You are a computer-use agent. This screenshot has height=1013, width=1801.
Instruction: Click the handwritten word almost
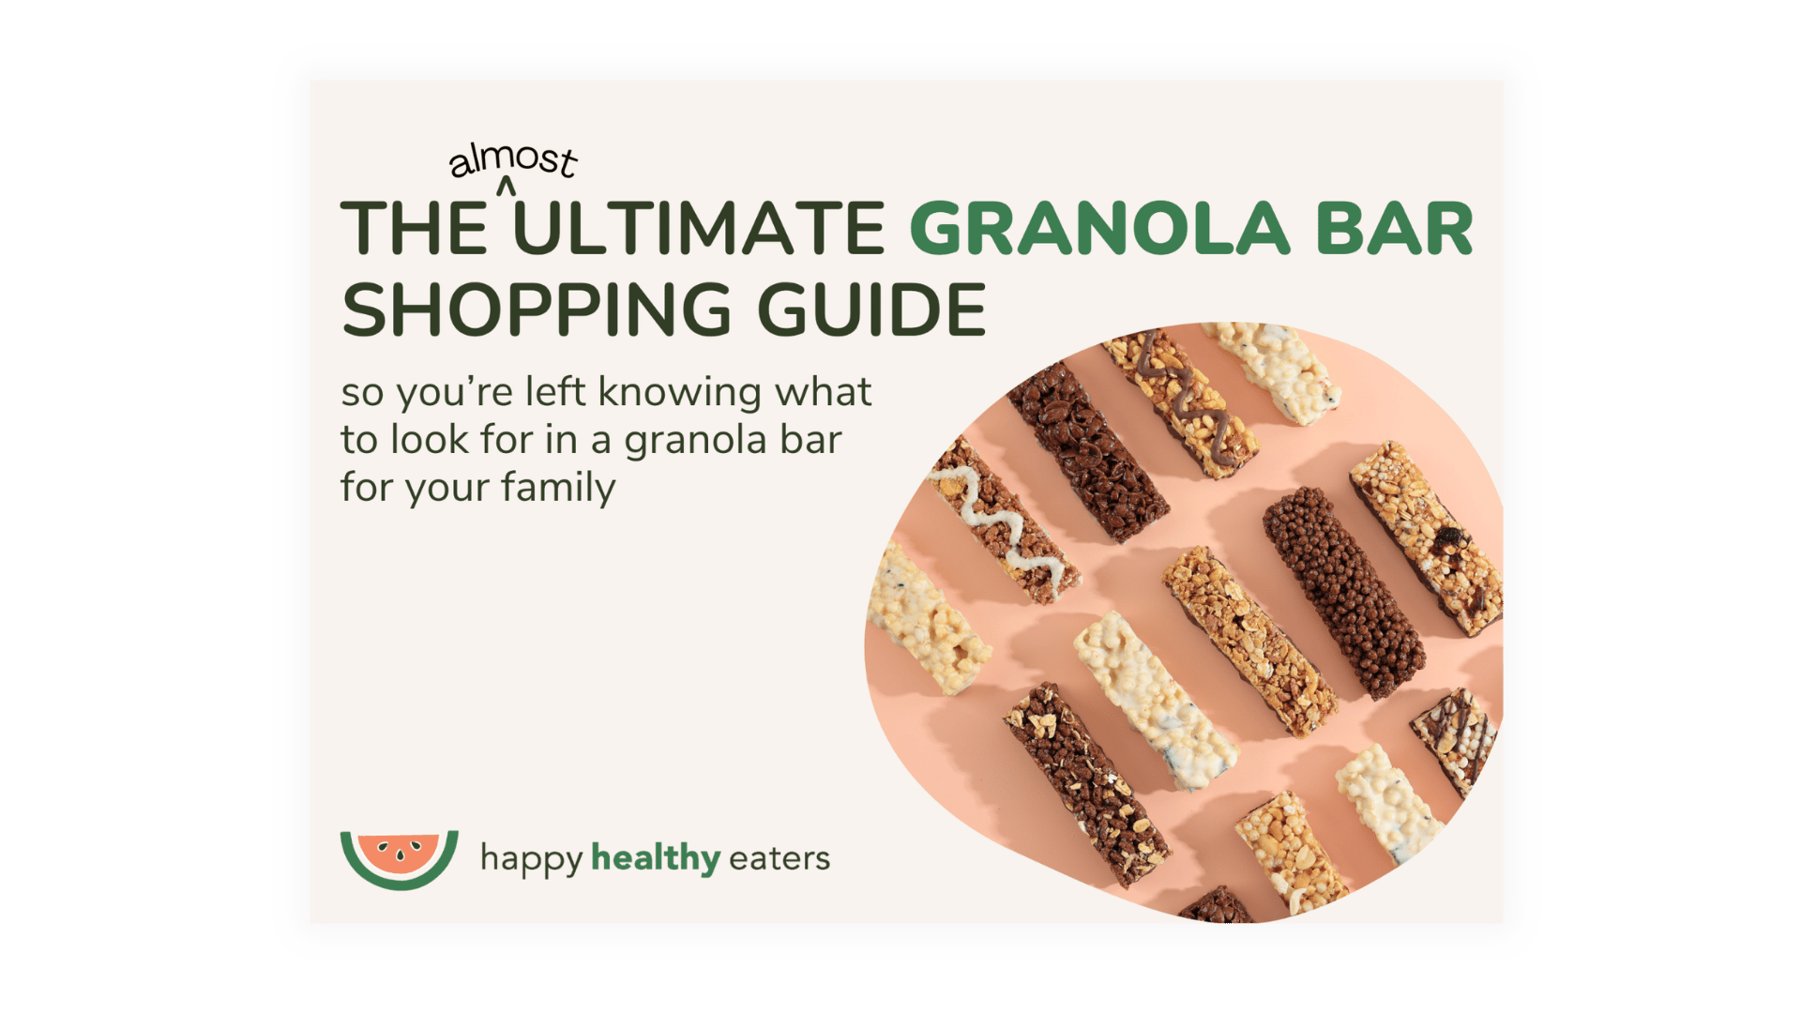[513, 160]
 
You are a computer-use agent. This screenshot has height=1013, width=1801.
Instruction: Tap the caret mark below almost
[507, 187]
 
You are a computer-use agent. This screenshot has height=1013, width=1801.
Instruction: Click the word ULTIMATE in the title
[699, 228]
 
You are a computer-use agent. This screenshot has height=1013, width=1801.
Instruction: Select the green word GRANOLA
[1099, 228]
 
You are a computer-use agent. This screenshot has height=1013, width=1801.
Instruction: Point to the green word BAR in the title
[1395, 228]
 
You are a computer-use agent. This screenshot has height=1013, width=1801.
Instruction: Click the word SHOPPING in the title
[537, 310]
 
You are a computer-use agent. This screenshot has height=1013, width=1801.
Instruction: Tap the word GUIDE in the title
[872, 310]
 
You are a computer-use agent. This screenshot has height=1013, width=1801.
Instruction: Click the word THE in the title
[414, 228]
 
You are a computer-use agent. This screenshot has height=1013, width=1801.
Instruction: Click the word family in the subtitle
[558, 489]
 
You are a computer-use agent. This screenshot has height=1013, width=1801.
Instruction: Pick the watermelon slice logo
[400, 859]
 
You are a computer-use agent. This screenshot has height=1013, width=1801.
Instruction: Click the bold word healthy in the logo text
[656, 858]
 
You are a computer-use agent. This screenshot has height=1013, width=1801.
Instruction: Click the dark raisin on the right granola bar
[1450, 537]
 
